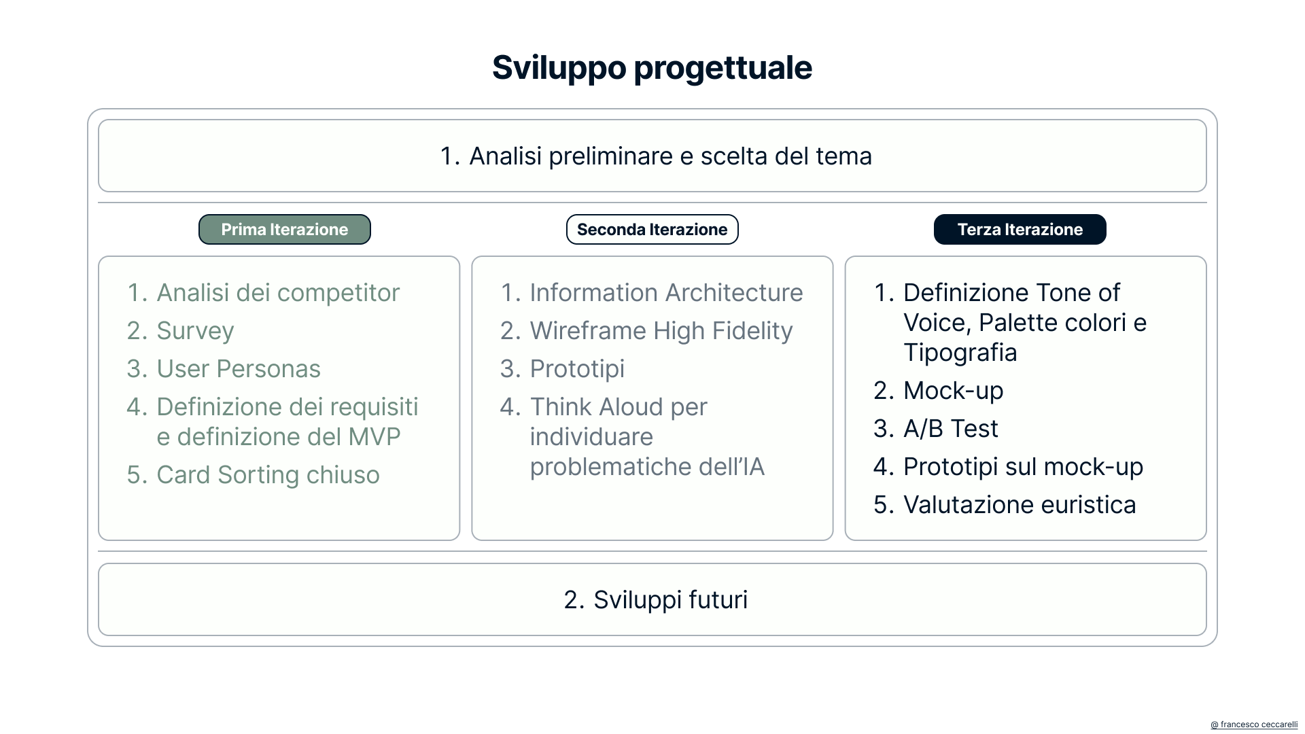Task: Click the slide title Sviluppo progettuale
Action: coord(652,68)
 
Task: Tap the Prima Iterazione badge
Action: coord(284,230)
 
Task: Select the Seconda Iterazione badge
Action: coord(652,230)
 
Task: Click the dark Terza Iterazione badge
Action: coord(1020,230)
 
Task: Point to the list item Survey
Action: coord(195,331)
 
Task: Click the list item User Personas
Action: coord(238,369)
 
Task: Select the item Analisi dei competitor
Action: coord(277,293)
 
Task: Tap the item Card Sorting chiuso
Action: coord(268,475)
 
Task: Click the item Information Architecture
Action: coord(666,293)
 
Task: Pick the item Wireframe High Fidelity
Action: coord(661,331)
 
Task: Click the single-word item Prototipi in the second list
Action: coord(577,369)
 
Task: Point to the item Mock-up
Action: coord(953,391)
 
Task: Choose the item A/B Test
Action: coord(950,429)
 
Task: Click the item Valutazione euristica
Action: coord(1019,505)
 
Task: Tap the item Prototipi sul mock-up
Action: coord(1023,467)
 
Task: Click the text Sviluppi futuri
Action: coord(669,600)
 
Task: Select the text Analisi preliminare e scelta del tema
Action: coord(669,156)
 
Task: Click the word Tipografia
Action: coord(960,353)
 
